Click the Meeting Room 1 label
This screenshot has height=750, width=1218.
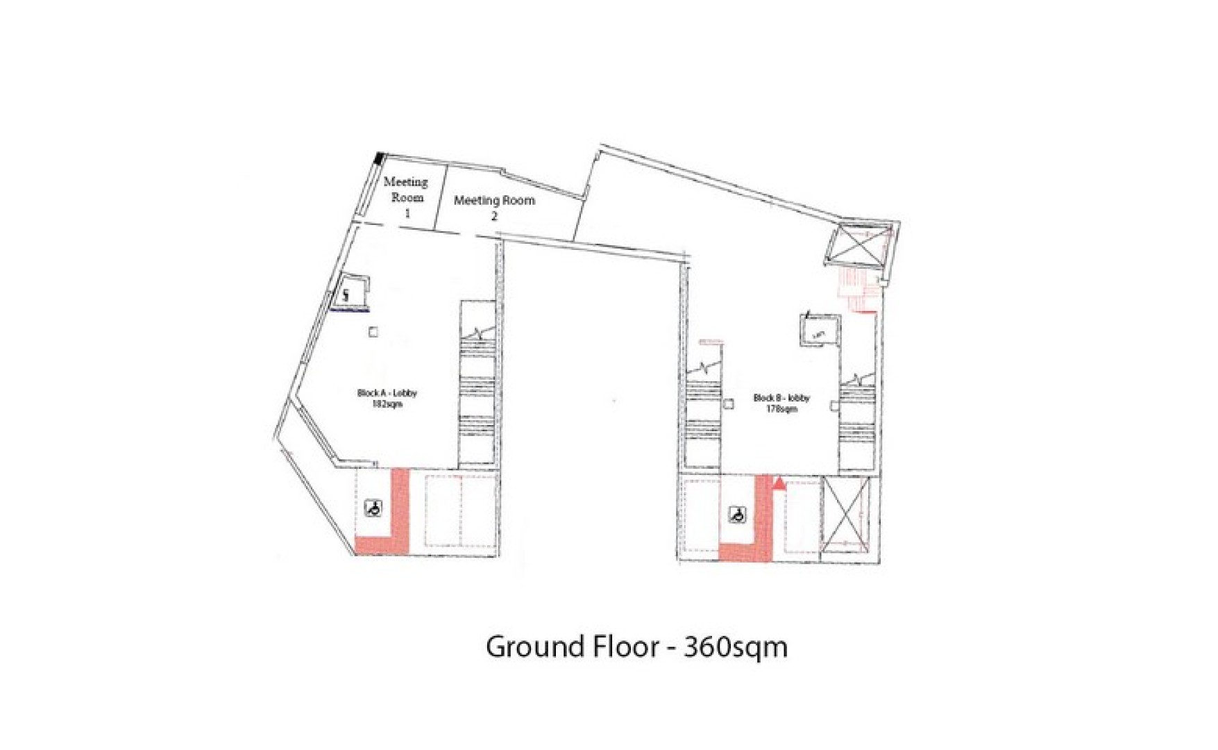[x=407, y=197]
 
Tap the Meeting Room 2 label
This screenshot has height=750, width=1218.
[x=494, y=208]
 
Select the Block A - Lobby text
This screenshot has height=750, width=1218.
[x=387, y=393]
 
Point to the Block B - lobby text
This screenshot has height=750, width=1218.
[x=781, y=398]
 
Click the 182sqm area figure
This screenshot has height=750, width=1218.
[x=387, y=403]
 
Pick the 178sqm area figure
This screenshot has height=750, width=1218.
[x=781, y=409]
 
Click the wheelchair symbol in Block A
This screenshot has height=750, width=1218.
[x=373, y=509]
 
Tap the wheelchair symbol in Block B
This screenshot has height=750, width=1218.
[x=737, y=515]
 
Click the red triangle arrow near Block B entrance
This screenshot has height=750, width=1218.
[x=779, y=483]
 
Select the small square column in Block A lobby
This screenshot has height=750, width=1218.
[x=373, y=333]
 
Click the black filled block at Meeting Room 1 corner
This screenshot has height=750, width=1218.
[x=379, y=158]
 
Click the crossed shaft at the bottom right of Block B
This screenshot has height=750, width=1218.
[x=844, y=513]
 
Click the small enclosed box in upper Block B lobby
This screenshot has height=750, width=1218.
[x=820, y=331]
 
